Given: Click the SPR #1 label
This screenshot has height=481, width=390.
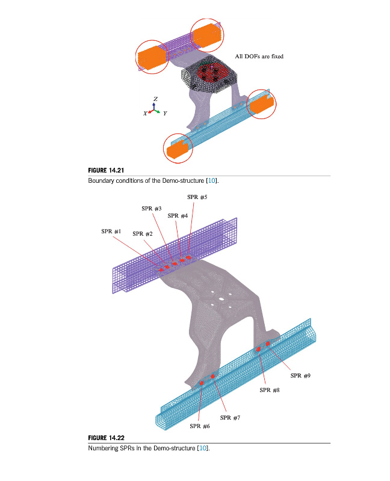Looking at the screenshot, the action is pyautogui.click(x=111, y=231).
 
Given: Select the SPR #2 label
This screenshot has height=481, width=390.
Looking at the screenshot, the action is pyautogui.click(x=143, y=234).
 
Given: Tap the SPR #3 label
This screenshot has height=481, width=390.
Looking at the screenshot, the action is pyautogui.click(x=152, y=209).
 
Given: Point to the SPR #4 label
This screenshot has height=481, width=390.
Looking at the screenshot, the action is pyautogui.click(x=178, y=216).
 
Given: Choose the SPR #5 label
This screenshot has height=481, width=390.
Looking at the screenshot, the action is pyautogui.click(x=197, y=197).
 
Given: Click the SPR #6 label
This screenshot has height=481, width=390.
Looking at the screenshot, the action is pyautogui.click(x=200, y=426).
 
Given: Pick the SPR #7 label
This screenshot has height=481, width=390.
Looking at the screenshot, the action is pyautogui.click(x=230, y=418).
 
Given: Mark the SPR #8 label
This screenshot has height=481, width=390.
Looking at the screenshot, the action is pyautogui.click(x=269, y=390).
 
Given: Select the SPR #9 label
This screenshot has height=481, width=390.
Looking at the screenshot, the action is pyautogui.click(x=300, y=376).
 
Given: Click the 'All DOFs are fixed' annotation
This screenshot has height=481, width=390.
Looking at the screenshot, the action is pyautogui.click(x=259, y=57).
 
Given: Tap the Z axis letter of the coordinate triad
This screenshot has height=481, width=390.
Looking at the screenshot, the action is pyautogui.click(x=155, y=99).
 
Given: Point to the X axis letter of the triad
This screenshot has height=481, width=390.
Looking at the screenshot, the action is pyautogui.click(x=145, y=114).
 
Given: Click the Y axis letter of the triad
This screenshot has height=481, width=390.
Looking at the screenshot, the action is pyautogui.click(x=165, y=114).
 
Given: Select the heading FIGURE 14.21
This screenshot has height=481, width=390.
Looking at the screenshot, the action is pyautogui.click(x=106, y=170).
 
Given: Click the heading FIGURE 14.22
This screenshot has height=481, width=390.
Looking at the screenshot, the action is pyautogui.click(x=106, y=438).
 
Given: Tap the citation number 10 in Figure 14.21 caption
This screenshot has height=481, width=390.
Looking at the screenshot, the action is pyautogui.click(x=212, y=181).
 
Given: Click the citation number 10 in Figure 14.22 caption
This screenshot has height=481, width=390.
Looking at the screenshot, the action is pyautogui.click(x=203, y=448).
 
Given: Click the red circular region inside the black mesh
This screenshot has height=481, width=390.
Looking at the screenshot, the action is pyautogui.click(x=212, y=72).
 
